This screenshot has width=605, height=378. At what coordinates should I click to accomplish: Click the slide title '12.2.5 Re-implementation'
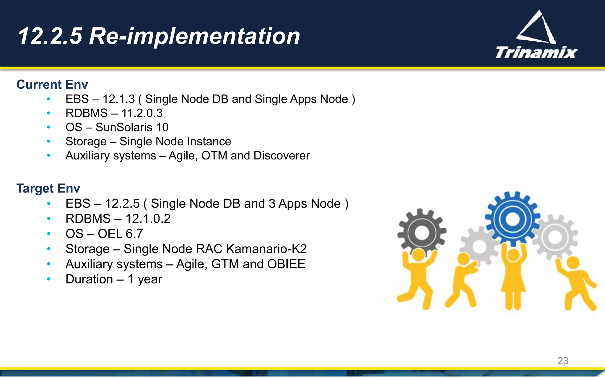point(159,36)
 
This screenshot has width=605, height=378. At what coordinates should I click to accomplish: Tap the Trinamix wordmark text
point(536,53)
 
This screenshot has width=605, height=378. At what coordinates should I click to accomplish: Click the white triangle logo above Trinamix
point(536,28)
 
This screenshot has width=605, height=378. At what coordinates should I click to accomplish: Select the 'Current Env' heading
point(52,84)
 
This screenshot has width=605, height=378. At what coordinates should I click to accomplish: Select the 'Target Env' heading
point(48,188)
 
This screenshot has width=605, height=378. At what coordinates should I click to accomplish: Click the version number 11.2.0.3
point(142,113)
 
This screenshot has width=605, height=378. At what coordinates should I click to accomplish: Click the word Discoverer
point(281,156)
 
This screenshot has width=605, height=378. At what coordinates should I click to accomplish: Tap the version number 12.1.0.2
point(148,219)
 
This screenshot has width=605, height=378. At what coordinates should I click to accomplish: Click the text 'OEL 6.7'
point(120,234)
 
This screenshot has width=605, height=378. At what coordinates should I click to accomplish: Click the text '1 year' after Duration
point(145,279)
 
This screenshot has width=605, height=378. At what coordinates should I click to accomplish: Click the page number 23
point(562,361)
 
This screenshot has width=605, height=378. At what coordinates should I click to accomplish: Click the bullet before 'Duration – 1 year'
point(49,279)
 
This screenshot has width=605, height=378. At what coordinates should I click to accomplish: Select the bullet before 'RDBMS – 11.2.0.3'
point(49,113)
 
